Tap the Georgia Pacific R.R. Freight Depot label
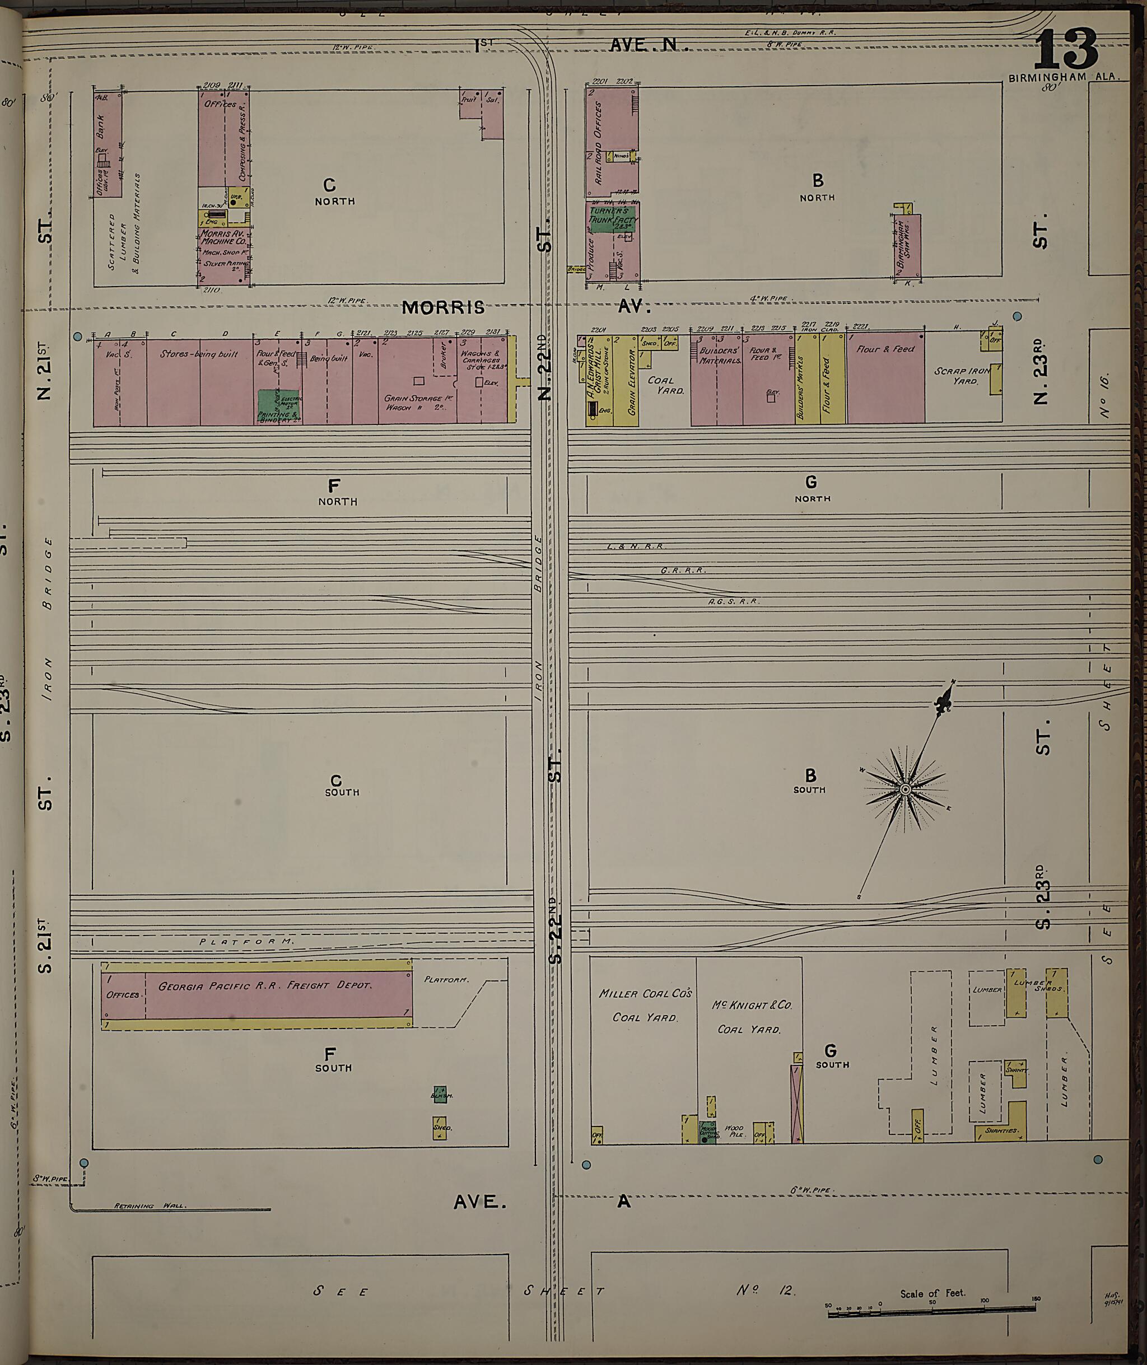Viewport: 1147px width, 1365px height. coord(265,985)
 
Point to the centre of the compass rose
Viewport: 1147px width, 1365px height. coord(905,789)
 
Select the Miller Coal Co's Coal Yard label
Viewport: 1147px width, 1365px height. coord(645,1005)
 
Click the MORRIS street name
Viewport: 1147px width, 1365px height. coord(443,307)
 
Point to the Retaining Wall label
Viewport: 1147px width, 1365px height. coord(150,1206)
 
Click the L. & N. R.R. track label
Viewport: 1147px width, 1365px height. coord(635,546)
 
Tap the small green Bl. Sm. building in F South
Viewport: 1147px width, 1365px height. coord(440,1094)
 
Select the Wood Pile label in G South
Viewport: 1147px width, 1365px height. coord(734,1131)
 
